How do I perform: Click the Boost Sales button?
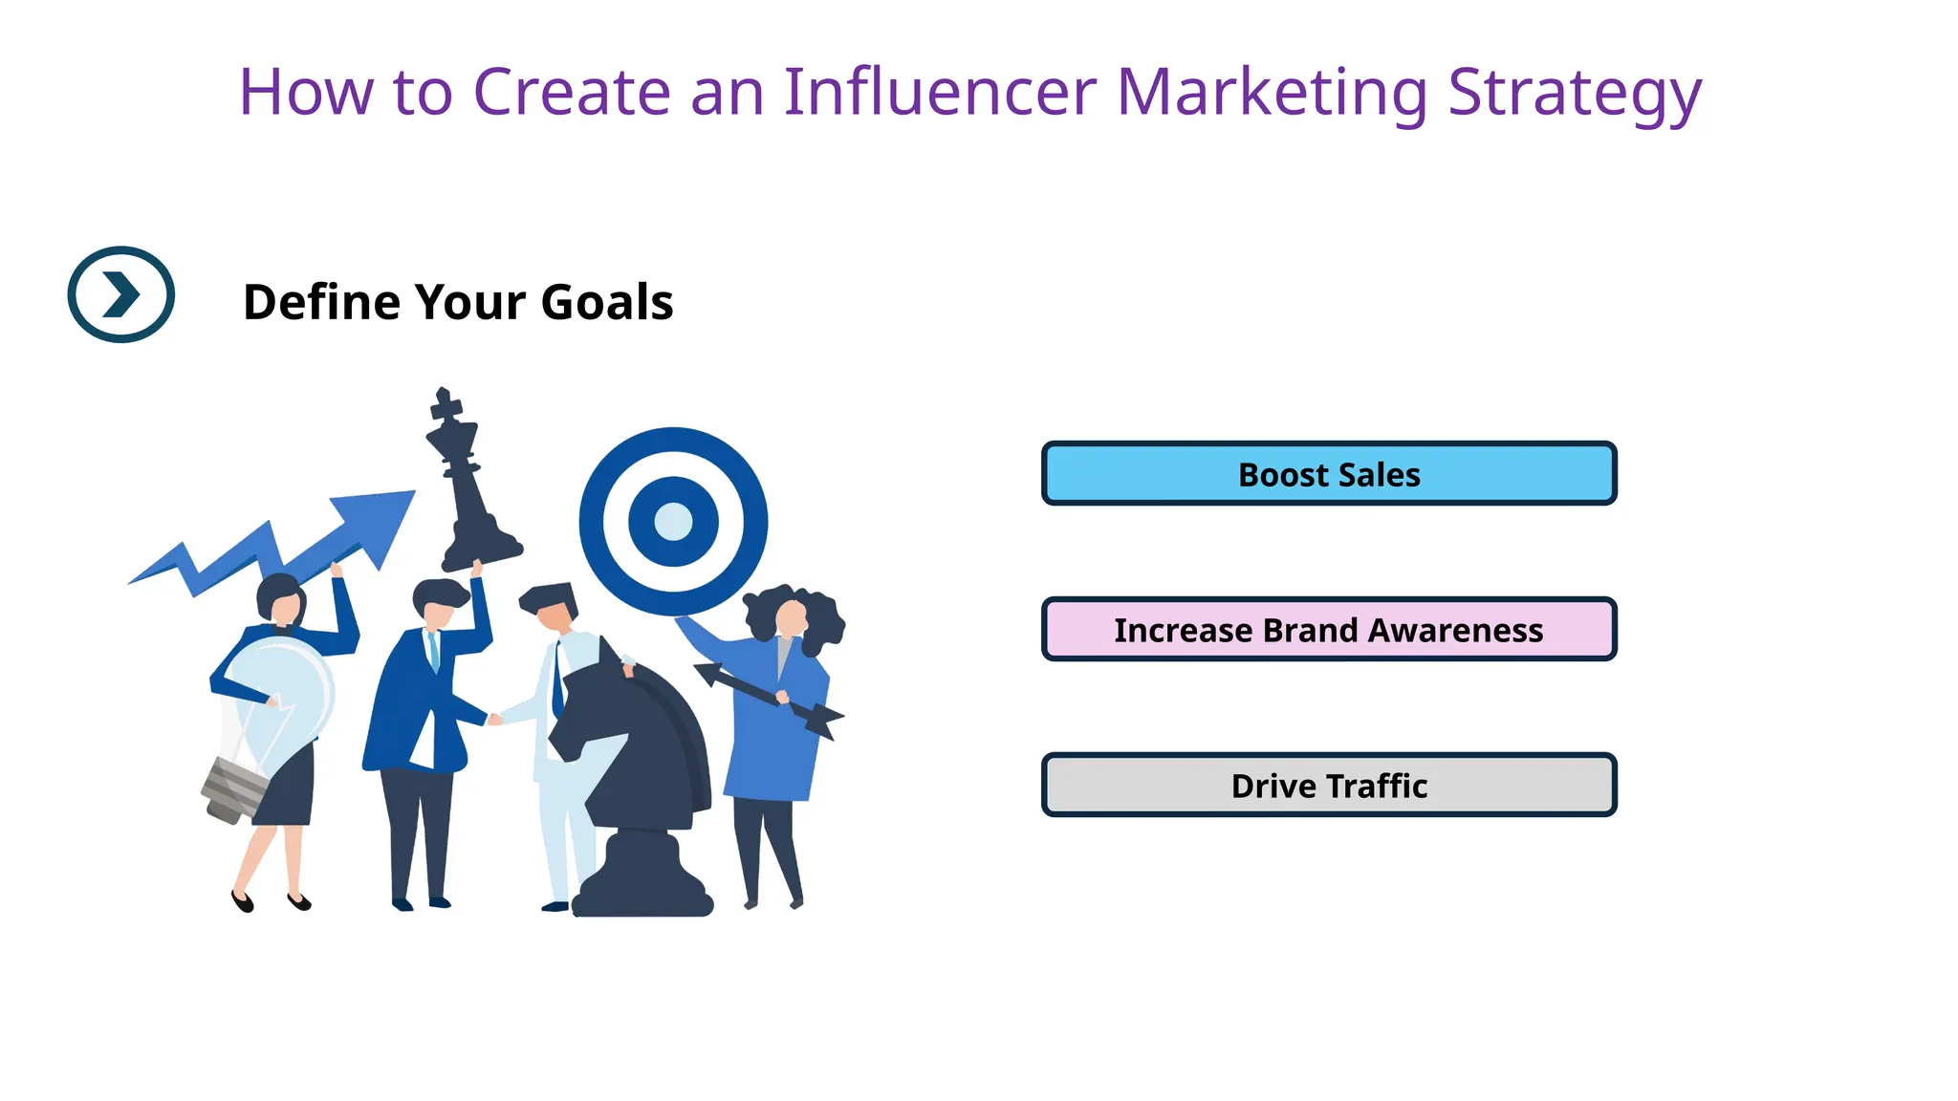pos(1328,474)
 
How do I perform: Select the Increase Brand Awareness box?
pos(1328,630)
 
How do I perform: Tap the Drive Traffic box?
pos(1328,786)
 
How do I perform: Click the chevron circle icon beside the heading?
pos(121,294)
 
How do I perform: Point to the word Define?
pos(321,302)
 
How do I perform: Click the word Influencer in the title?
pos(939,93)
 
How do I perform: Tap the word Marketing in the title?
pos(1272,93)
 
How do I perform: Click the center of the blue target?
pos(673,522)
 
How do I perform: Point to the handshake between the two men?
pos(494,719)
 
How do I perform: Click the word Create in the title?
pos(571,93)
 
